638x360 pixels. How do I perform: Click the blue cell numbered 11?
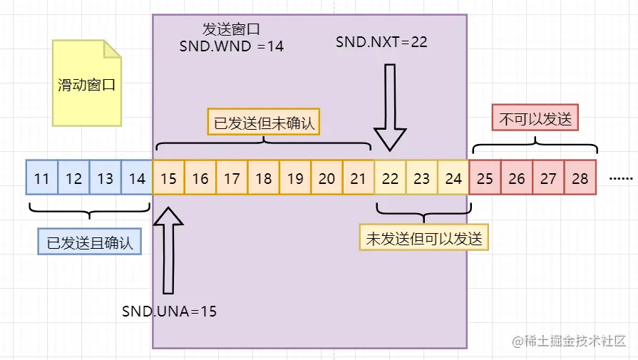[42, 178]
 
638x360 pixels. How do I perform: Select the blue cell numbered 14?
[137, 178]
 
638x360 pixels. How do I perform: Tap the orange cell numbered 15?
[169, 178]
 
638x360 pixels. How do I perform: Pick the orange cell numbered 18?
[264, 178]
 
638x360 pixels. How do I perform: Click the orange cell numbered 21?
[359, 178]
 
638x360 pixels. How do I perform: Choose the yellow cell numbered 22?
[391, 178]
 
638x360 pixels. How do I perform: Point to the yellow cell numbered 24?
[453, 178]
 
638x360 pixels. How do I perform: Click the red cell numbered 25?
[485, 178]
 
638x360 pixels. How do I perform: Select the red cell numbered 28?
[580, 178]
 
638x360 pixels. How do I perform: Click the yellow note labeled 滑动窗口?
[86, 85]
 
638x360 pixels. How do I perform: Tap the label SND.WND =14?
[231, 46]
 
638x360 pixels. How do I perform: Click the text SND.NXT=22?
[381, 42]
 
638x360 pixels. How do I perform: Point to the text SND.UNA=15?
[169, 311]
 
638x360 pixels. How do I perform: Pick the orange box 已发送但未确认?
[264, 122]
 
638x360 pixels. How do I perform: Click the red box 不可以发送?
[535, 119]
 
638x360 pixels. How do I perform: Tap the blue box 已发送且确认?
[90, 242]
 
